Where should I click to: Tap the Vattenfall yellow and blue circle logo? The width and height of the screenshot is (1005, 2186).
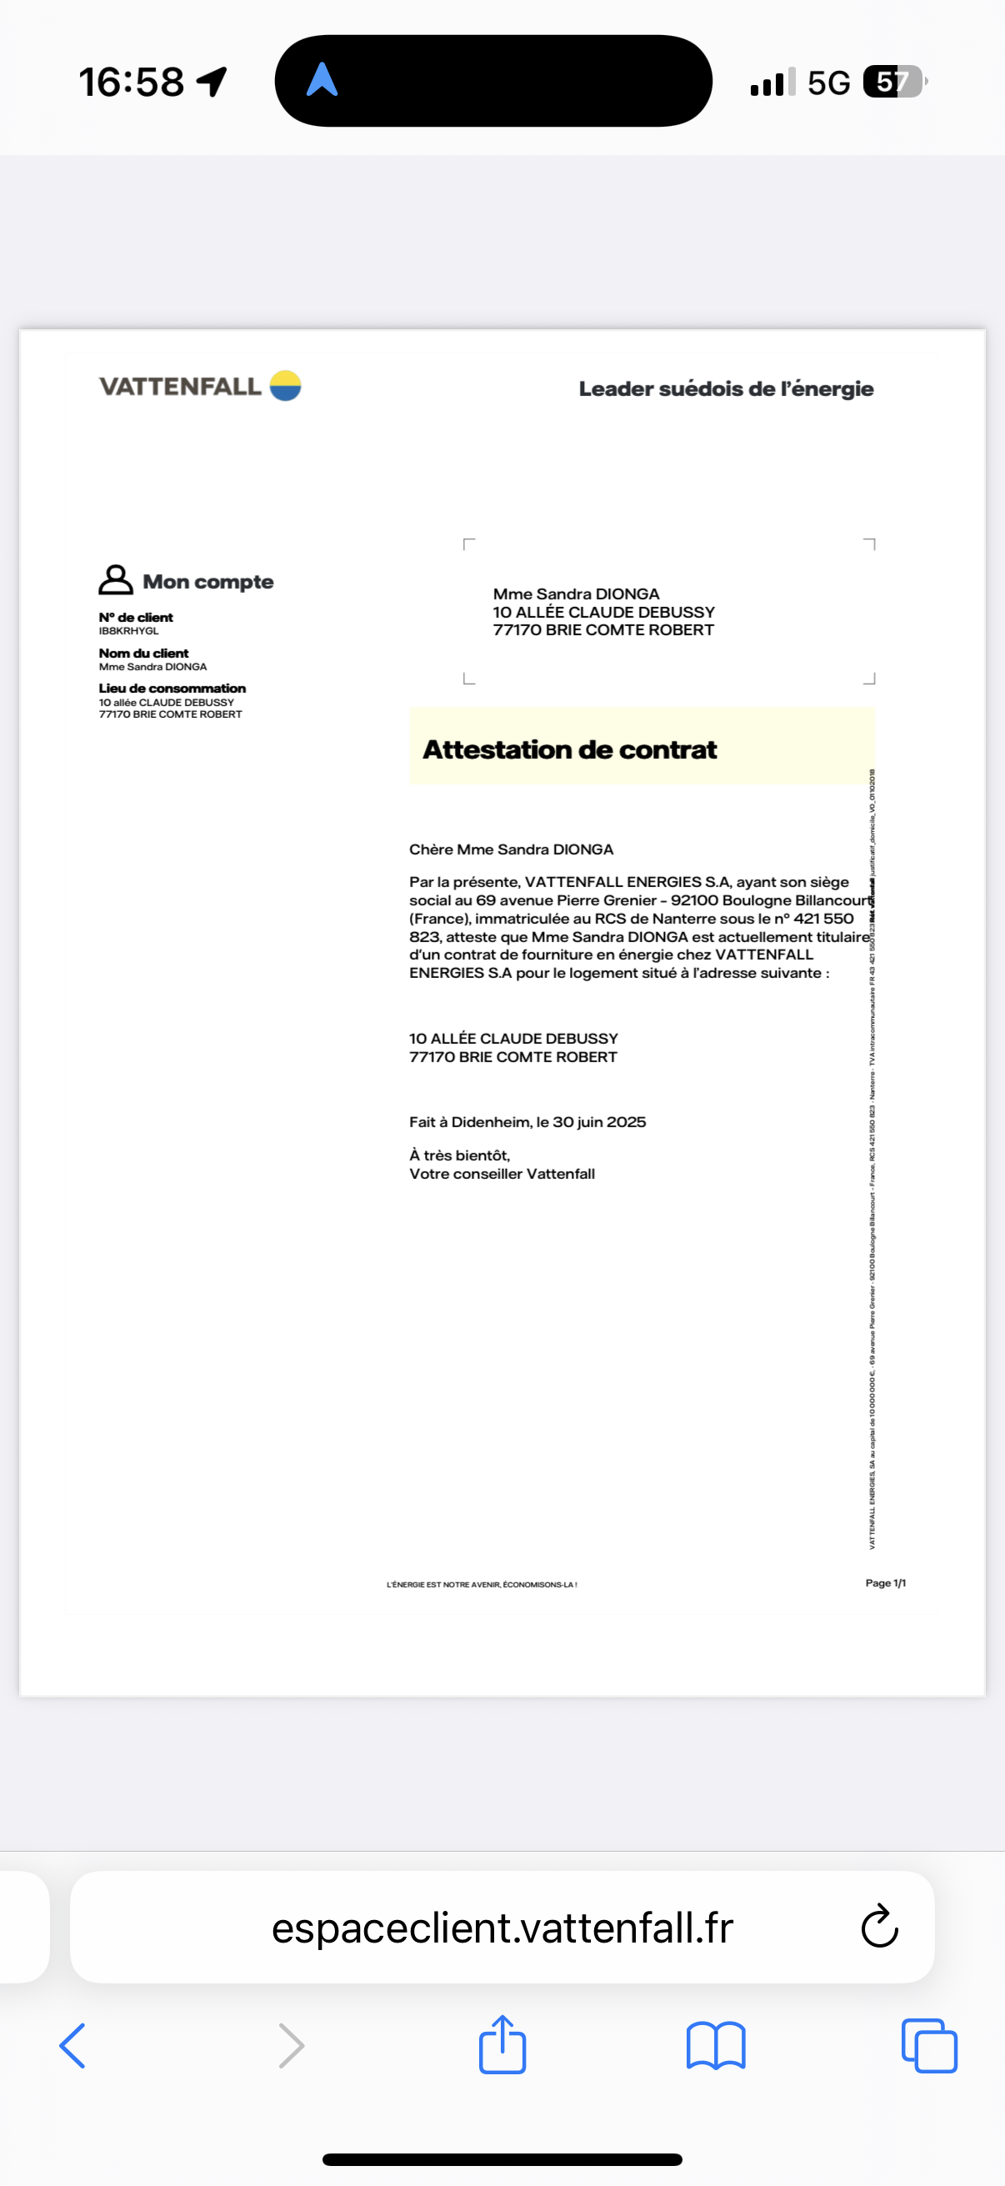click(x=286, y=385)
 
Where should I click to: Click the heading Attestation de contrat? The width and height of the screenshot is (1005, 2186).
click(x=569, y=750)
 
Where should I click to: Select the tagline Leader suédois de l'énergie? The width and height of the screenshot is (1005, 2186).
click(x=726, y=389)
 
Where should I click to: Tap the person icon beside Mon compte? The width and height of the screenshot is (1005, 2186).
click(x=115, y=579)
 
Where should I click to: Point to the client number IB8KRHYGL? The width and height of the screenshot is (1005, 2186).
click(x=129, y=630)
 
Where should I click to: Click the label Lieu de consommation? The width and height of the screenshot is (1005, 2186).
click(x=172, y=688)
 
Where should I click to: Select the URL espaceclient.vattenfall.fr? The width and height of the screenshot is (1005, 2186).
click(x=502, y=1928)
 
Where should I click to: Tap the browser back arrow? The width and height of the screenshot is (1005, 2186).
click(x=73, y=2045)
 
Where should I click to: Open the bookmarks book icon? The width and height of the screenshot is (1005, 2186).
click(x=716, y=2045)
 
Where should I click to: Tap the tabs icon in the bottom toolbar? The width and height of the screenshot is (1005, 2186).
click(x=929, y=2045)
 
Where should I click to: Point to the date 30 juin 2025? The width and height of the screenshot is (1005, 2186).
click(x=599, y=1122)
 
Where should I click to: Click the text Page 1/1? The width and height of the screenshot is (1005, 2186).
click(x=886, y=1582)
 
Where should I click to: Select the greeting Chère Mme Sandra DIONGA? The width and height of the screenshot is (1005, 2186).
click(x=512, y=850)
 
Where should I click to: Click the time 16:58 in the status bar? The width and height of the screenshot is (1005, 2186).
click(x=132, y=83)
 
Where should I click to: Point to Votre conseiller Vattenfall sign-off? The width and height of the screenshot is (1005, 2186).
click(x=502, y=1174)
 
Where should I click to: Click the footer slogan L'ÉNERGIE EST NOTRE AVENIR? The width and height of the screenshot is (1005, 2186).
click(x=482, y=1584)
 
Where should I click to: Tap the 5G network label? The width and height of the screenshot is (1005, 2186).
click(x=827, y=83)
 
